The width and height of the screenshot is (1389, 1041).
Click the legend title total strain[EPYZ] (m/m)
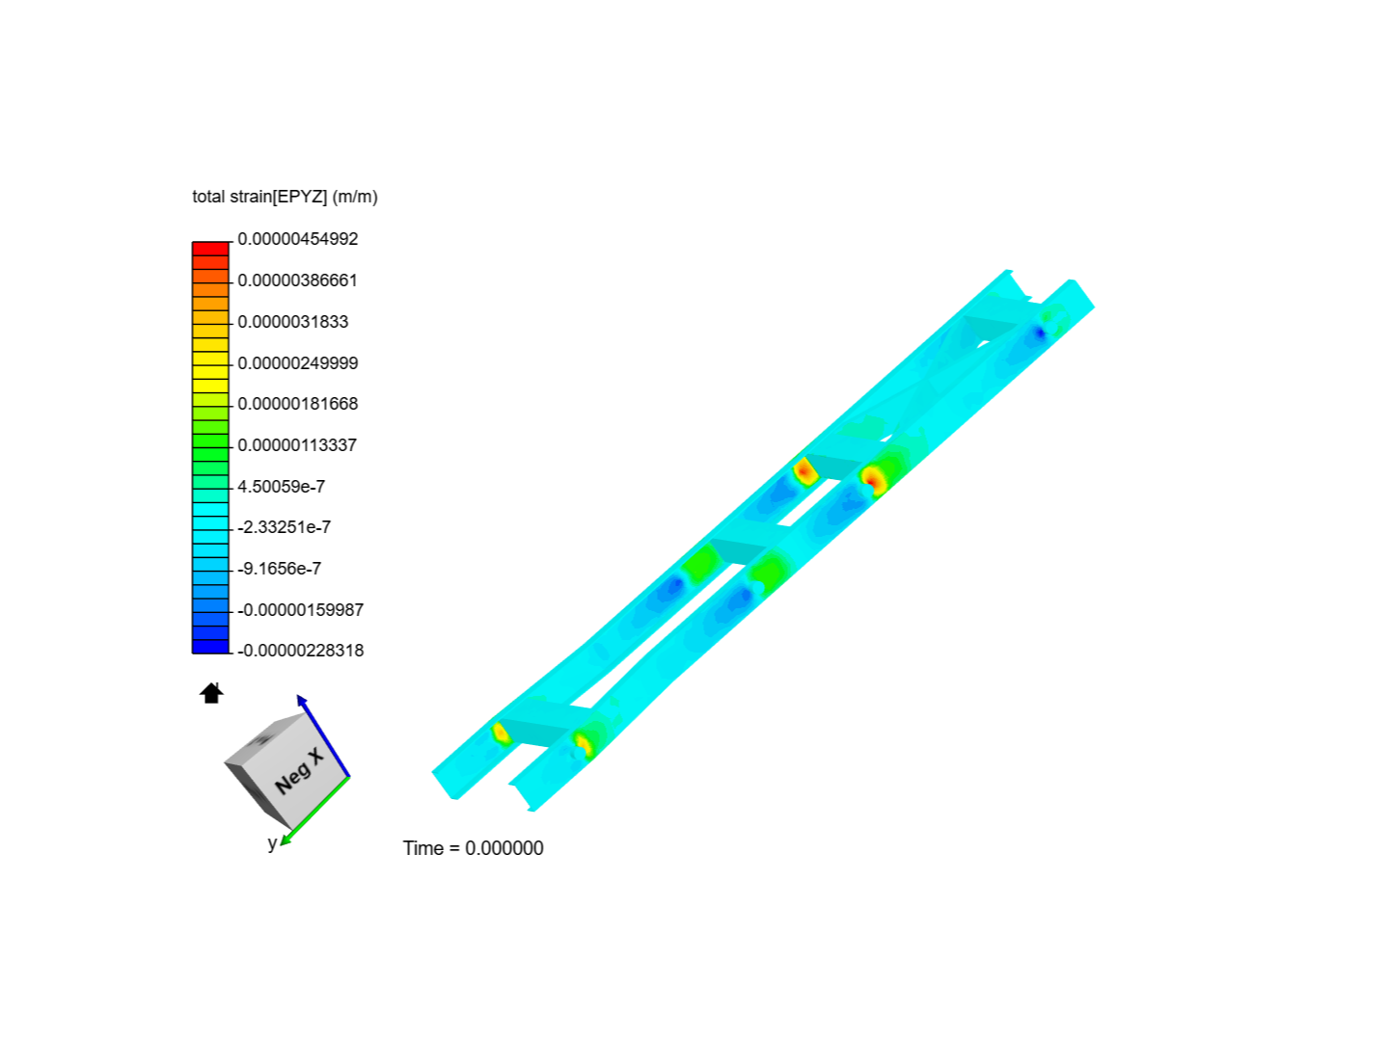(x=285, y=197)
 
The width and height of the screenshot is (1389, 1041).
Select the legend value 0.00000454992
(x=297, y=239)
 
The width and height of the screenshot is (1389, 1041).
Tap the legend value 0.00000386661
(x=297, y=280)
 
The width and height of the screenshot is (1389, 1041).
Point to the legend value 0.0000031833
(x=292, y=322)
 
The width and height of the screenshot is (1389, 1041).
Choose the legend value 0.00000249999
(x=297, y=363)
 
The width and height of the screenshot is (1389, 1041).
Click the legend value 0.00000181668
(x=297, y=404)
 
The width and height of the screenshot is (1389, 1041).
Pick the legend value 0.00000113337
(x=297, y=445)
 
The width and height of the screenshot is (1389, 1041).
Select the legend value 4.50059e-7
(x=281, y=487)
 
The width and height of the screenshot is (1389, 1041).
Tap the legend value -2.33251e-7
(x=284, y=527)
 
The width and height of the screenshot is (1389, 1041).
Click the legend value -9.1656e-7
(x=279, y=569)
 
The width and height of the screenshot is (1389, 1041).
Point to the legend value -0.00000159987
(x=300, y=610)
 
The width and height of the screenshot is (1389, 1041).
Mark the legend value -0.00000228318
(x=300, y=651)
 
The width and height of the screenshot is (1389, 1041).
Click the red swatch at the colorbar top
(x=210, y=249)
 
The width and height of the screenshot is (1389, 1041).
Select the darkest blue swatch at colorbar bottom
(x=210, y=647)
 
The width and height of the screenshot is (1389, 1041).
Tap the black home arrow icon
(x=211, y=693)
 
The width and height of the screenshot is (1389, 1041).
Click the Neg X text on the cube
(x=298, y=771)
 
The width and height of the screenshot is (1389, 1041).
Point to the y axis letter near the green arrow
(x=272, y=843)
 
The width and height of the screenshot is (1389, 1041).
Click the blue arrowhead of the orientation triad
(x=302, y=700)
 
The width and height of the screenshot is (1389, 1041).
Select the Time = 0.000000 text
(x=473, y=848)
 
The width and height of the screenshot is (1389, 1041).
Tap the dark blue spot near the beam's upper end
(x=1039, y=334)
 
